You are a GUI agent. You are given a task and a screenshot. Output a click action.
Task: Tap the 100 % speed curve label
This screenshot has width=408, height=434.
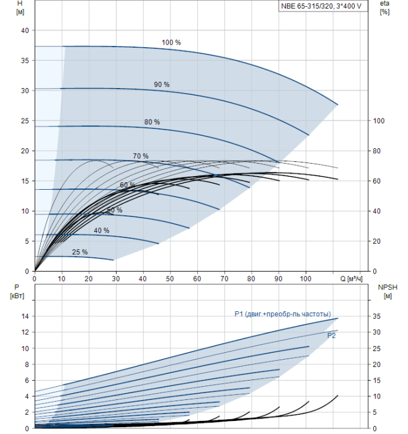[x=171, y=43]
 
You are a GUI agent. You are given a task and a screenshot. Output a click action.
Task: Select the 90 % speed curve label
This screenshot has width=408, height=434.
[x=162, y=84]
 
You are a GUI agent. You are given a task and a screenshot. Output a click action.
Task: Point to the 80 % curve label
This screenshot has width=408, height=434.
[x=152, y=122]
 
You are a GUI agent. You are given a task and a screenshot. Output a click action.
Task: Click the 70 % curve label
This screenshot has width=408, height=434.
[x=141, y=156]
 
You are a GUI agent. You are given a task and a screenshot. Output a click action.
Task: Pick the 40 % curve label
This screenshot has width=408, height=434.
[x=102, y=231]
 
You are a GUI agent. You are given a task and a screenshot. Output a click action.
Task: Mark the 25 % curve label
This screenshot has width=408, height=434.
[x=80, y=252]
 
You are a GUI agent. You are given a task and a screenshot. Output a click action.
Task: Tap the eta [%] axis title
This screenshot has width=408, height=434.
[x=384, y=8]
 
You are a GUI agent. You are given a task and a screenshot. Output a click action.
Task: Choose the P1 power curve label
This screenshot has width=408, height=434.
[x=283, y=314]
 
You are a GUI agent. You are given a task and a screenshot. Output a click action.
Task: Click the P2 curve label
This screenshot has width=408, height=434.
[x=332, y=335]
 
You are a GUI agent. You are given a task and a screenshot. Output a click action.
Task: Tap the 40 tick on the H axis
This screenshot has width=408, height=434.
[x=25, y=30]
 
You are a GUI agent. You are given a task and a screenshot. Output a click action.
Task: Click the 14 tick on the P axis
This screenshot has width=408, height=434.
[x=26, y=316]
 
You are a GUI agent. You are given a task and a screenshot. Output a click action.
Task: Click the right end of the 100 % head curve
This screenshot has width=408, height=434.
[x=337, y=104]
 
